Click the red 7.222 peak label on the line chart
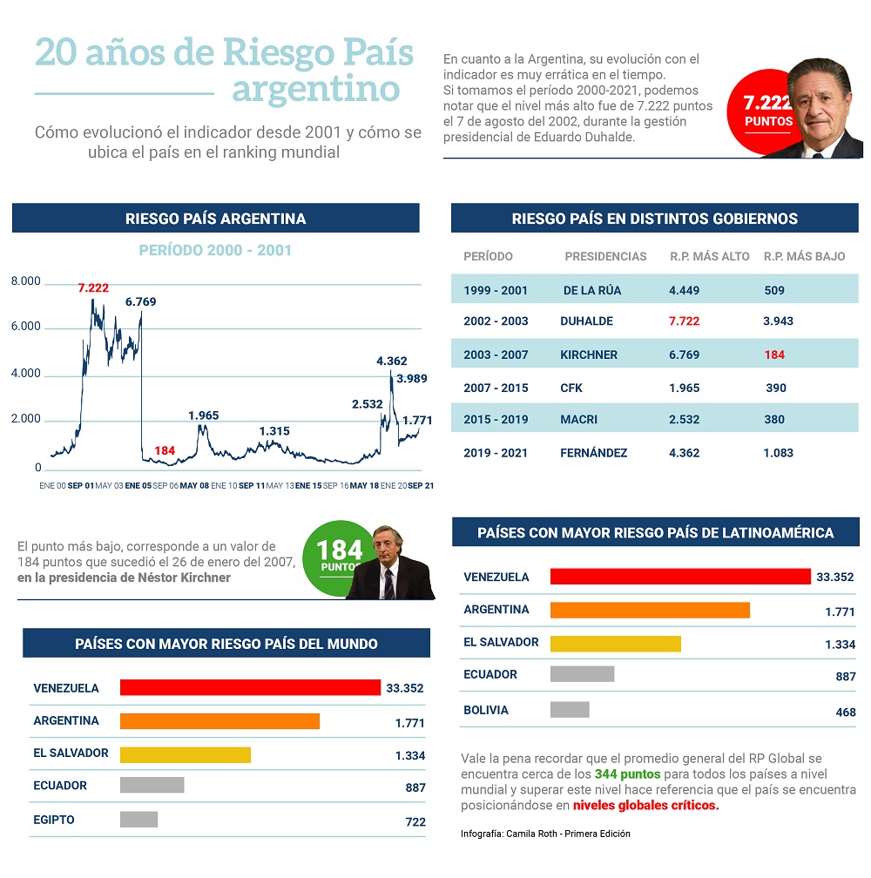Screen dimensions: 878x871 click(92, 287)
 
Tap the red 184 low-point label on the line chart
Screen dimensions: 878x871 click(165, 450)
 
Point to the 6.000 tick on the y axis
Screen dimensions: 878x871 click(25, 327)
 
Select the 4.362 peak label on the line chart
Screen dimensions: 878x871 click(391, 361)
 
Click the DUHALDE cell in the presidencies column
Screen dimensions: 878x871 click(586, 321)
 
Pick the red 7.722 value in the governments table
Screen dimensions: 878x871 click(684, 321)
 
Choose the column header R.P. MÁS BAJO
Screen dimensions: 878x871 click(804, 257)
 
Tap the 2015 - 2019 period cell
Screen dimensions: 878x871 click(496, 420)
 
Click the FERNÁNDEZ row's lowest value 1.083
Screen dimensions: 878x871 click(778, 453)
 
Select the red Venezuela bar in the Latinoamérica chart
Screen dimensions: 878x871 click(680, 577)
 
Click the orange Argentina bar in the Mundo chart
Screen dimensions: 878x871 click(219, 721)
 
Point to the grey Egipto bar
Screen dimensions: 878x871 click(138, 820)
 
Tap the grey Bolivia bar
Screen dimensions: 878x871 click(570, 710)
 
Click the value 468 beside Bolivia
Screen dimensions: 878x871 click(845, 713)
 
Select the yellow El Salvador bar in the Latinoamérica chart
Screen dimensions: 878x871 click(615, 644)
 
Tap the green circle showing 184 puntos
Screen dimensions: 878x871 click(335, 556)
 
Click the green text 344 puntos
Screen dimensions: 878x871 click(627, 774)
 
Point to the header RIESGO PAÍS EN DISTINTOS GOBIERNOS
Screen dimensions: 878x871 click(654, 219)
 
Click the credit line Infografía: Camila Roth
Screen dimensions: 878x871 click(545, 834)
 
